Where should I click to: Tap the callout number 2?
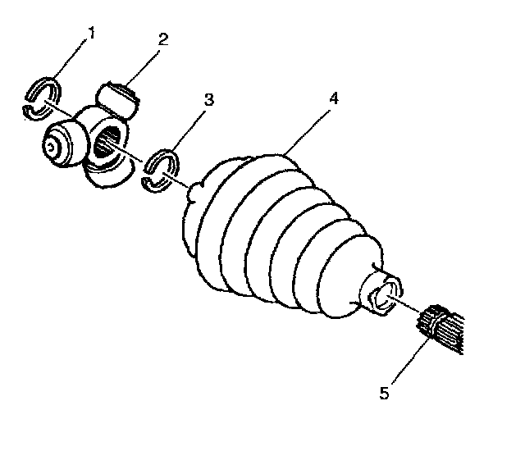163,38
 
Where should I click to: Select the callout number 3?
208,100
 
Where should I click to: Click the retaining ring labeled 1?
41,98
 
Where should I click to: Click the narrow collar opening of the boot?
384,294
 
